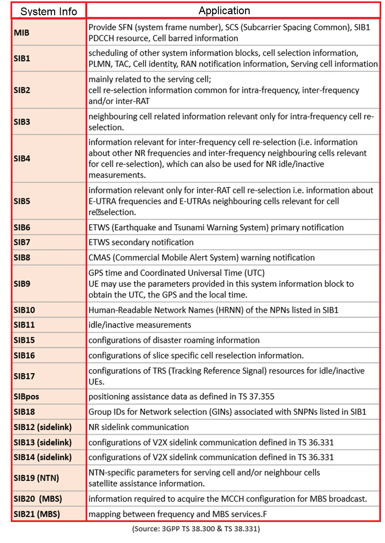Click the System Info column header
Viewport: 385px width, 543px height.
tap(49, 12)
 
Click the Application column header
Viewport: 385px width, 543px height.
tap(224, 11)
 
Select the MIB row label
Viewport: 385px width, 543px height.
tap(22, 33)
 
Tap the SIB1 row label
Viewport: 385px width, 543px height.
tap(22, 59)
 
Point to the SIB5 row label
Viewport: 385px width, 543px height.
tap(22, 201)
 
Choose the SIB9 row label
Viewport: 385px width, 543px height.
tap(22, 284)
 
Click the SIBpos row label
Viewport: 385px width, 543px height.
tap(26, 397)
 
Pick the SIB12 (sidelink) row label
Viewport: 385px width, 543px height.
tap(43, 427)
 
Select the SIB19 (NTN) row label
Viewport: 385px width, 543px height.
tap(36, 478)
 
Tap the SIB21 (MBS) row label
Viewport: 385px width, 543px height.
tap(37, 514)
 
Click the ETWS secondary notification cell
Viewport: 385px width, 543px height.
tap(141, 242)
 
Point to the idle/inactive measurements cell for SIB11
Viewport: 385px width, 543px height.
tap(140, 325)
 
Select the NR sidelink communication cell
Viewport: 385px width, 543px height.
tap(139, 427)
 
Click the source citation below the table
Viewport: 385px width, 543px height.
tap(196, 529)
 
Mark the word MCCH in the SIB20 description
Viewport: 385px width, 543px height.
tap(233, 499)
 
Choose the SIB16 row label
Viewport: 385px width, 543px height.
tap(24, 356)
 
